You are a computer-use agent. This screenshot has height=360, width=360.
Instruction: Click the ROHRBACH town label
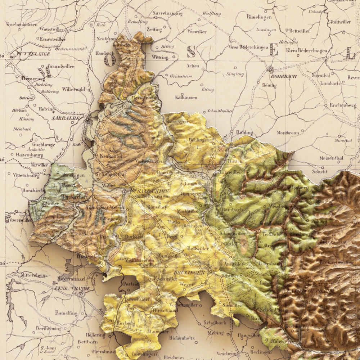coord(284,76)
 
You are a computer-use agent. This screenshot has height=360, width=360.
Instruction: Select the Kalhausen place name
coord(186,97)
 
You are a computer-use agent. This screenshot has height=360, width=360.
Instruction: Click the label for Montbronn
coord(288,132)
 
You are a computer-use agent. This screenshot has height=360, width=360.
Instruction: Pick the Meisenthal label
coord(331,158)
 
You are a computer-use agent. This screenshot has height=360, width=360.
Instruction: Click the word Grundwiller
coord(61,66)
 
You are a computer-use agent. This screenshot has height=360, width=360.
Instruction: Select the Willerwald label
coord(73,89)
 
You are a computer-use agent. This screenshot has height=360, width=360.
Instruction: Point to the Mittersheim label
coord(33,275)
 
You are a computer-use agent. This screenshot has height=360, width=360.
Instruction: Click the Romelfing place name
coord(66,313)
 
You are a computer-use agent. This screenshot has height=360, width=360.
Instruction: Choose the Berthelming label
coord(48,329)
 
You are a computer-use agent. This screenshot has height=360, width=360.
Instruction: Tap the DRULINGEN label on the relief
coord(189,273)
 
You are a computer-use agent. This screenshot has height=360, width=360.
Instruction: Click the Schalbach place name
coord(215,323)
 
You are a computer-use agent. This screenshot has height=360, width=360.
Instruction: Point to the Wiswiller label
coord(197,31)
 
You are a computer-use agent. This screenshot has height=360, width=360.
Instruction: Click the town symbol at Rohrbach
coord(271,68)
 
